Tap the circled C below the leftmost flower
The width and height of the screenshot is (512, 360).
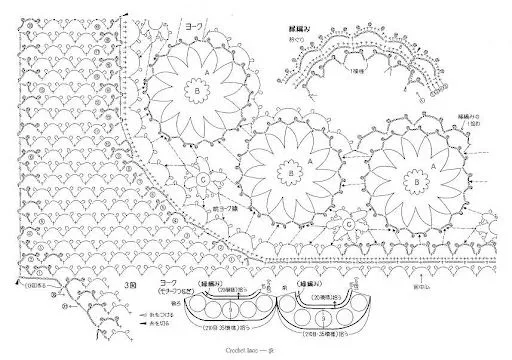[202, 180]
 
